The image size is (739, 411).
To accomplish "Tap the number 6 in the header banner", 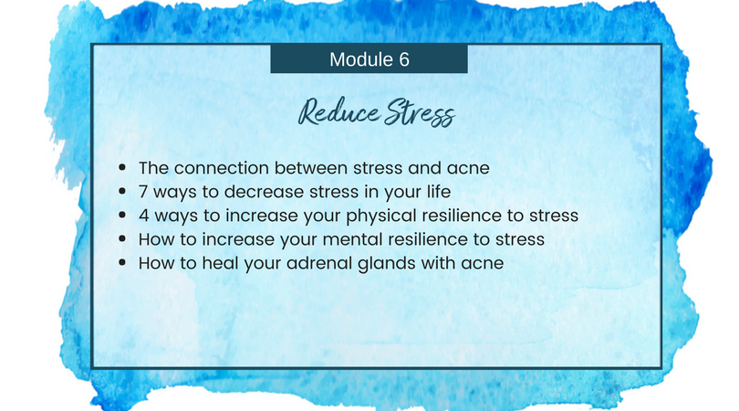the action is pos(404,59).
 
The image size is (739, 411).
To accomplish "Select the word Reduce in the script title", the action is pos(338,113).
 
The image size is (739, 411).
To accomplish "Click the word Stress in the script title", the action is pos(420,113).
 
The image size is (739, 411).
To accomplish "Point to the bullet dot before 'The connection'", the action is pos(122,167).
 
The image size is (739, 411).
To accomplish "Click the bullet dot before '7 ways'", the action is pos(122,191).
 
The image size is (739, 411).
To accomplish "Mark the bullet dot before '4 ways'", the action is pos(122,216).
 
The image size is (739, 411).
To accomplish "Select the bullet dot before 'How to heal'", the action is pos(122,262).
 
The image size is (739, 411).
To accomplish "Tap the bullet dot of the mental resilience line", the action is pos(122,238).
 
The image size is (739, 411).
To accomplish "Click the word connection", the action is pos(222,168).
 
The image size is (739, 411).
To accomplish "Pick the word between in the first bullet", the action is pos(311,168).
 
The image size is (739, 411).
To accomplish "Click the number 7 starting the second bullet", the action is pos(143,192).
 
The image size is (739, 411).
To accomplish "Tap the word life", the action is pos(438,192).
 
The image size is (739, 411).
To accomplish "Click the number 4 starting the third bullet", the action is pos(144,216).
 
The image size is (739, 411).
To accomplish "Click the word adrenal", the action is pos(319,263).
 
